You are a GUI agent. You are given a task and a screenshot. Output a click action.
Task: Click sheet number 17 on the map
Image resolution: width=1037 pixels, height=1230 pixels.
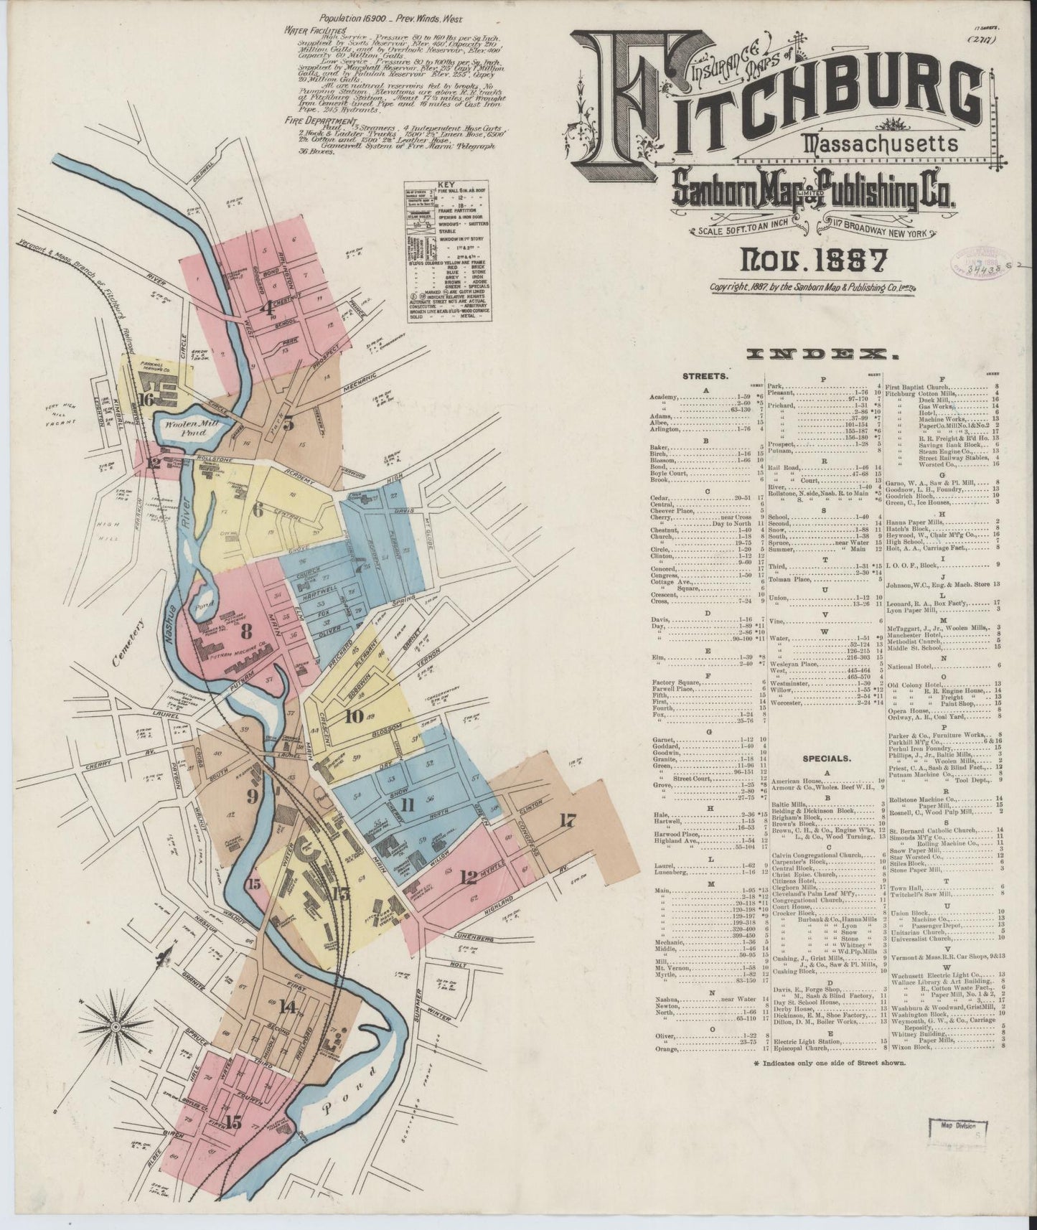click(567, 822)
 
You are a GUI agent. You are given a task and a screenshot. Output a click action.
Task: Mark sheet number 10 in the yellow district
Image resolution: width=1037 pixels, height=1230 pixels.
click(353, 715)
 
